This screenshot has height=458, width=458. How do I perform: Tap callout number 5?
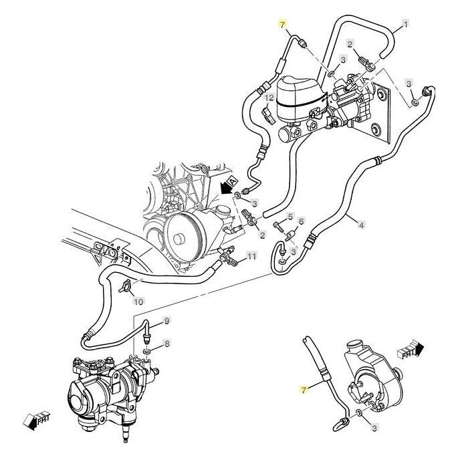290,217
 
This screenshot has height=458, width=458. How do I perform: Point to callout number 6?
301,221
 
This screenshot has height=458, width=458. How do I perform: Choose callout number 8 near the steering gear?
167,343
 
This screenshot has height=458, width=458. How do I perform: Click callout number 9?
167,320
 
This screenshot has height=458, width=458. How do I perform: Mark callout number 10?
138,302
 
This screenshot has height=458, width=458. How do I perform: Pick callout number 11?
251,256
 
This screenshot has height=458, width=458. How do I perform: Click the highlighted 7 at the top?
282,23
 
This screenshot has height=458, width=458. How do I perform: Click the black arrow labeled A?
228,185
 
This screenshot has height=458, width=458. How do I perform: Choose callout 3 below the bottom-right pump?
374,427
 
